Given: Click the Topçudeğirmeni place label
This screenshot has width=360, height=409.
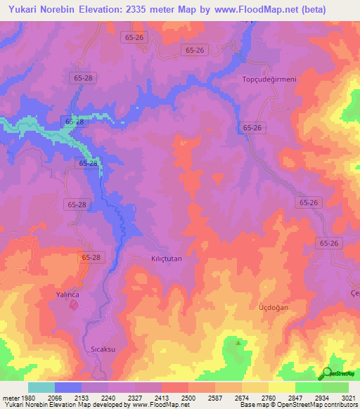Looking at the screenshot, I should tap(269, 79).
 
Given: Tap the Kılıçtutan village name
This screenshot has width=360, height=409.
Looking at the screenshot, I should tap(167, 259).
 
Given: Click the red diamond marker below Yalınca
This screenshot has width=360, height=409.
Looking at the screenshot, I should tap(73, 304).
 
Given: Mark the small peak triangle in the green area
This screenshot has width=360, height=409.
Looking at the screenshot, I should tap(238, 343).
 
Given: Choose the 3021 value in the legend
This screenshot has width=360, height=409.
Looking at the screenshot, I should tap(349, 398).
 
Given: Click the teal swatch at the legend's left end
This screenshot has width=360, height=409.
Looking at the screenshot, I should tap(41, 387).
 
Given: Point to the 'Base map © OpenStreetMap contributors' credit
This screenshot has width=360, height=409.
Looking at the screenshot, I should tap(298, 405).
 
